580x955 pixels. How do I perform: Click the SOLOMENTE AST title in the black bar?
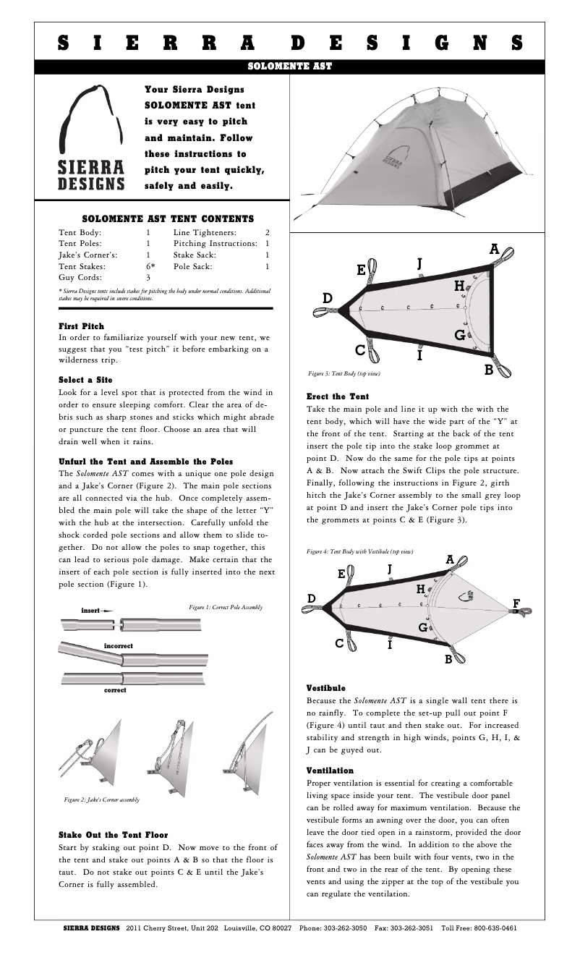click(289, 67)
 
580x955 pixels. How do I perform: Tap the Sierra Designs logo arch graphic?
click(91, 119)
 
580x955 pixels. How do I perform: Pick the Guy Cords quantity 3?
click(148, 277)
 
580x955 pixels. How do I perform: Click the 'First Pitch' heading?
click(81, 326)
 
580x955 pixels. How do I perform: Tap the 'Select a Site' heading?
click(85, 380)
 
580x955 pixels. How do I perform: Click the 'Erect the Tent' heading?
click(338, 396)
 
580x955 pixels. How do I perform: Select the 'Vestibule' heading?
click(326, 688)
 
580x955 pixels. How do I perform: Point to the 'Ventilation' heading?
click(330, 771)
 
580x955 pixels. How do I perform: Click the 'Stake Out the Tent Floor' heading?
click(113, 835)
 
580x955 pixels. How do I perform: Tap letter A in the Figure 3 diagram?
click(495, 250)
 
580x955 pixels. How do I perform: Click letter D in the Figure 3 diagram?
click(328, 298)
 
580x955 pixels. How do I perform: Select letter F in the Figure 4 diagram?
click(516, 603)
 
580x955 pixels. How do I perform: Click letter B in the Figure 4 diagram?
click(448, 659)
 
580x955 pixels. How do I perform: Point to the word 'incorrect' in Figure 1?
click(118, 645)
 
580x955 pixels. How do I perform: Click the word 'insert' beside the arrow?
click(90, 611)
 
